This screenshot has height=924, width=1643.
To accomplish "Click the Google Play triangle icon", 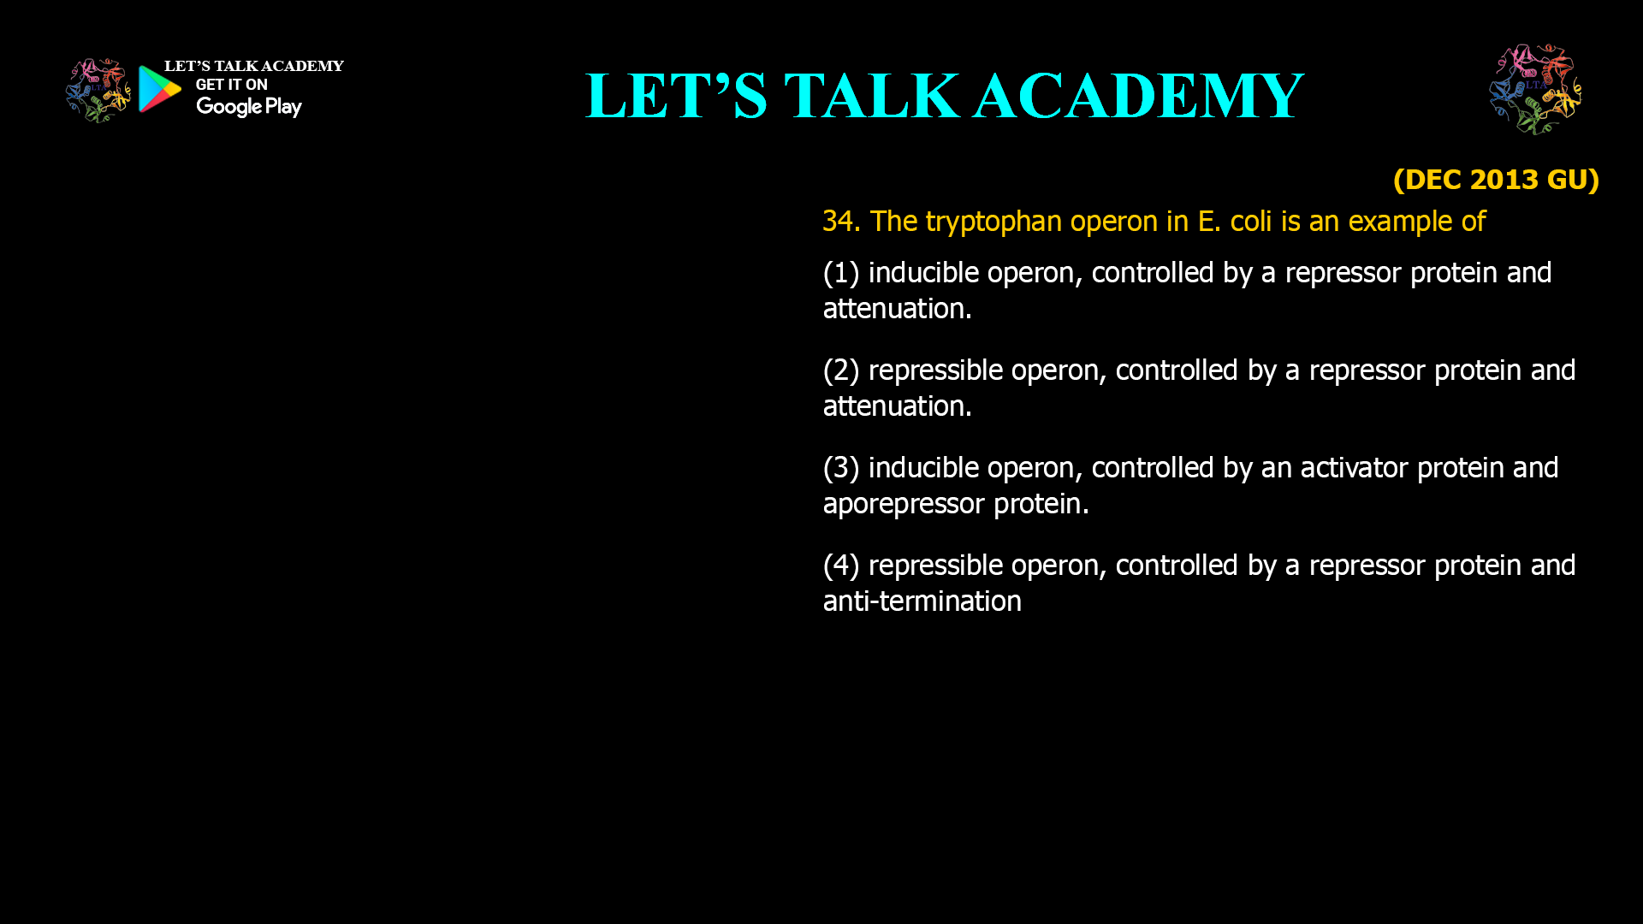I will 159,89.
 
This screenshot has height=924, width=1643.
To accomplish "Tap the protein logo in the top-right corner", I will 1535,89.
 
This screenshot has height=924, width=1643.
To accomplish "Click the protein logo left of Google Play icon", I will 98,90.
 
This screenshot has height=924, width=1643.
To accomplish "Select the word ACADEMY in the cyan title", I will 1138,96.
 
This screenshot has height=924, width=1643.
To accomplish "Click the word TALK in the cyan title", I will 872,96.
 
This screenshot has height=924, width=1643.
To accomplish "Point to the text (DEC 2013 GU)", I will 1496,180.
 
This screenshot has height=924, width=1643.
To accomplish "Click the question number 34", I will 840,222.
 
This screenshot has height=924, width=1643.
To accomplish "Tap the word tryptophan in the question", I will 994,222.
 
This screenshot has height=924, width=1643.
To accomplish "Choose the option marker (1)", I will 840,273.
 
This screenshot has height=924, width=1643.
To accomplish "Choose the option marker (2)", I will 840,370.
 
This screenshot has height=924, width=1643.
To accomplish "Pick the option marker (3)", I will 840,468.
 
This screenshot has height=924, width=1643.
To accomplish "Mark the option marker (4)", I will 840,566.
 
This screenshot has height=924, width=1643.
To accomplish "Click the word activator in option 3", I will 1354,468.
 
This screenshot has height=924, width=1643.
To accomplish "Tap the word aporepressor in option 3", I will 904,504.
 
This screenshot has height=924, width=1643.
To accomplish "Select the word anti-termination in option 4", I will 922,601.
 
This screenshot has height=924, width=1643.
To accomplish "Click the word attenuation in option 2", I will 897,406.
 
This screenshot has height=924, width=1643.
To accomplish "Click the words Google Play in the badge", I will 249,107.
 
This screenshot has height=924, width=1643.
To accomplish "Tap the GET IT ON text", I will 232,85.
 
